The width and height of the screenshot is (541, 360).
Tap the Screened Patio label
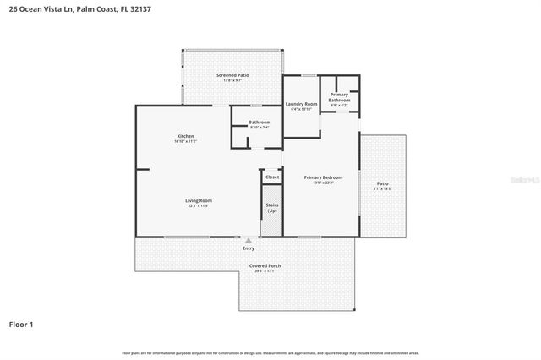pos(232,76)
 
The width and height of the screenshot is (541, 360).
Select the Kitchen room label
pos(185,137)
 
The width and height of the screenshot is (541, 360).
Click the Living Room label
pos(198,200)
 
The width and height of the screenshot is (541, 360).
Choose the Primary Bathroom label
pos(340,97)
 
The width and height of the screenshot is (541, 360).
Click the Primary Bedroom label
pos(323,177)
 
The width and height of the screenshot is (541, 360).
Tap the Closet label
pos(272,177)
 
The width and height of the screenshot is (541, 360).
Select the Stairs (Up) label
pos(272,206)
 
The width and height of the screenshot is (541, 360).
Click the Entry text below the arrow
pos(249,248)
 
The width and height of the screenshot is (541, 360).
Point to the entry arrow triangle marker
pos(249,241)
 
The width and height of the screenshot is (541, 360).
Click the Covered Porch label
pos(265,266)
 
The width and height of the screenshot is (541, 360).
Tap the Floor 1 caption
pos(21,324)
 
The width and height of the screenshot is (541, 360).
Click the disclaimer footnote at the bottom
pos(270,352)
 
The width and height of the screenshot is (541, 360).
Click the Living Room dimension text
pos(198,205)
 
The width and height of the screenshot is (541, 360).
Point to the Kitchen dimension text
pos(185,142)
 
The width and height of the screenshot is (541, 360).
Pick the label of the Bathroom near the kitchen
pos(260,123)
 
